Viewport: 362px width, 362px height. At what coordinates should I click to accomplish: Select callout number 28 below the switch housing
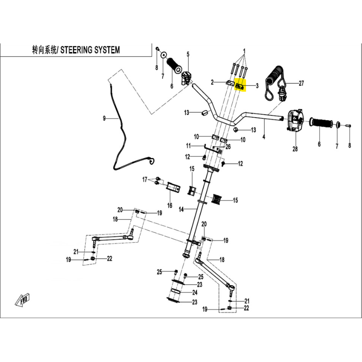point(295,149)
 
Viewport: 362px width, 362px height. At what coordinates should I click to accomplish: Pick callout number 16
point(170,205)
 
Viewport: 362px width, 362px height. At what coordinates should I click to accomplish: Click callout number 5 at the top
point(188,54)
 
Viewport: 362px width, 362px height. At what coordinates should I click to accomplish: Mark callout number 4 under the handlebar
point(263,137)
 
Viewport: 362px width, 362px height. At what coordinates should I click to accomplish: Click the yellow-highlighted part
point(240,86)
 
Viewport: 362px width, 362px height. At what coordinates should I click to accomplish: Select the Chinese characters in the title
point(44,50)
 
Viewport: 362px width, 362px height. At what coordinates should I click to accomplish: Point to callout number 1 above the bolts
point(244,51)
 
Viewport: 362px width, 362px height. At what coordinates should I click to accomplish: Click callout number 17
point(145,179)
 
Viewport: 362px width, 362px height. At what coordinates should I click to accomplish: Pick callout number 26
point(228,147)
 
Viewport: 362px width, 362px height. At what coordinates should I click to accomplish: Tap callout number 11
point(188,145)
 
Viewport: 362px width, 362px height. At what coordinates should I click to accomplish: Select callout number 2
point(213,82)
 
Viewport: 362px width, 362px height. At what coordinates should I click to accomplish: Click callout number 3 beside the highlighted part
point(257,86)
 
